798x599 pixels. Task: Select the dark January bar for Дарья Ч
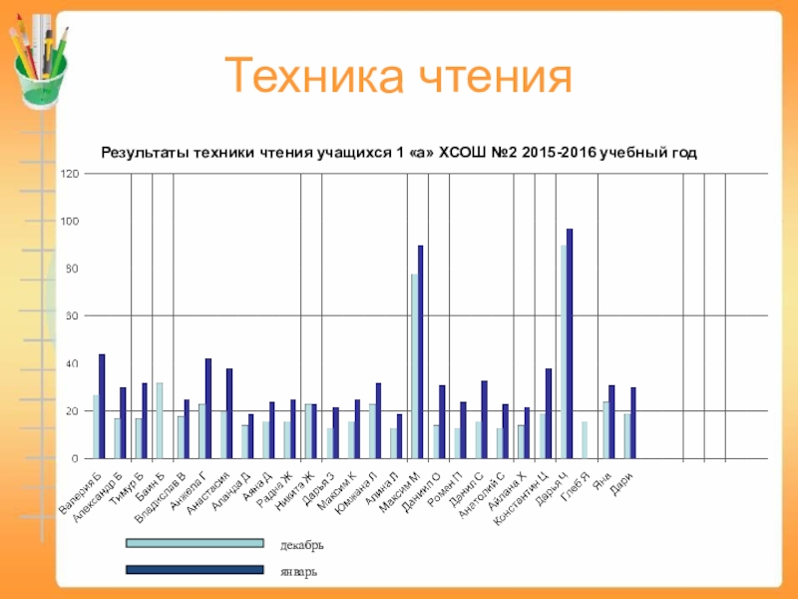[570, 343]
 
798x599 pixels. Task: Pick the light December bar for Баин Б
[160, 420]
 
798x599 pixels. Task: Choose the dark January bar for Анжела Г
[208, 408]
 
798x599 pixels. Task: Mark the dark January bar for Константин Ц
[549, 413]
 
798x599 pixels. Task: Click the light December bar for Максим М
[414, 365]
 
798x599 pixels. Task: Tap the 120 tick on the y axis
[70, 174]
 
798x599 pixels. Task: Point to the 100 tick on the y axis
[70, 221]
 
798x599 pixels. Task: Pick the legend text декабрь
[301, 545]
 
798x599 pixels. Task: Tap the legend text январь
[299, 572]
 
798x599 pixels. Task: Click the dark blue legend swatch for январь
[195, 571]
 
